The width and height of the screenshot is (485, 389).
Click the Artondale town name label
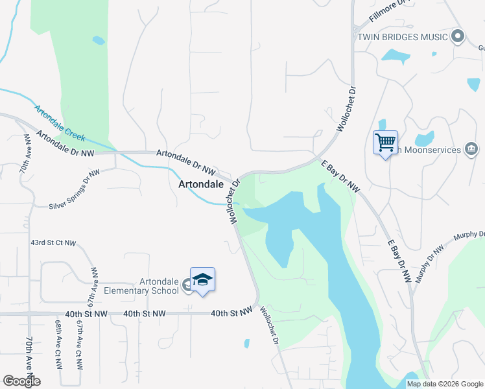201,184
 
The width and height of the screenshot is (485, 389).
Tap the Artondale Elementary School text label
160,286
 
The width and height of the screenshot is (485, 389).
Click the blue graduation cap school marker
202,280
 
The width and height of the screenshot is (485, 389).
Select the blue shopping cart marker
385,141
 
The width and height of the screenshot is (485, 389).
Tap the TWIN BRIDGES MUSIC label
402,37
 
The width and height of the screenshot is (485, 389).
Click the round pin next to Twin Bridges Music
458,36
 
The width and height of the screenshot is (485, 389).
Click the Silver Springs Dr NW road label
75,189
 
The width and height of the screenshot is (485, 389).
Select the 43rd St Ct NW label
53,243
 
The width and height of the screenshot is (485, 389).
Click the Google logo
21,381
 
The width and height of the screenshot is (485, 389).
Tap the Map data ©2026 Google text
444,384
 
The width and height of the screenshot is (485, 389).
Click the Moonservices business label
428,150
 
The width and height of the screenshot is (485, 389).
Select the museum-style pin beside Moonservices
471,149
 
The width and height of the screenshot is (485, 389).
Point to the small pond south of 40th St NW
246,343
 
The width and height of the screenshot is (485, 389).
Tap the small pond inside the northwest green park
99,40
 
